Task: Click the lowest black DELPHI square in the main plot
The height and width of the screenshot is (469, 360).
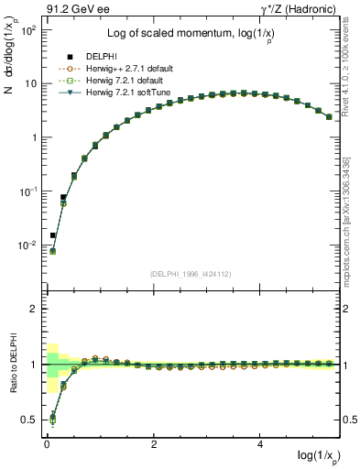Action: (53, 235)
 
